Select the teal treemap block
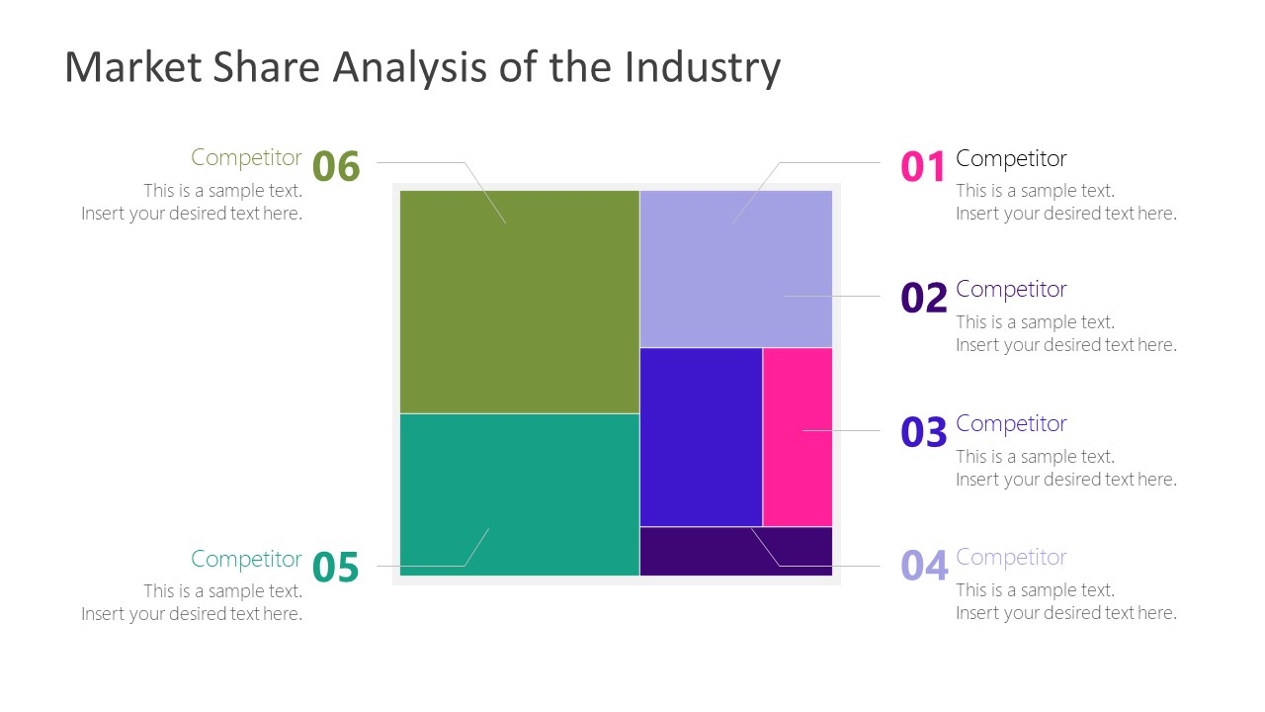point(519,493)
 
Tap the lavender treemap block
point(735,268)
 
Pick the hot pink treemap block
point(797,436)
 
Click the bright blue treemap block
point(701,436)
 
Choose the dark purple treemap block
point(735,551)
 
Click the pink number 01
point(923,167)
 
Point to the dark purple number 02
point(923,298)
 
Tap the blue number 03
point(923,432)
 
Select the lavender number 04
point(923,566)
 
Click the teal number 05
point(336,568)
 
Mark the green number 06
point(336,166)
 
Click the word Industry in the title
point(702,67)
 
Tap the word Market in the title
point(127,67)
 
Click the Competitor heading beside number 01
point(1011,158)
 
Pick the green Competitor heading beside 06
point(246,157)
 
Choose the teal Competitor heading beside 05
point(246,559)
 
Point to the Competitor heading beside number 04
point(1011,557)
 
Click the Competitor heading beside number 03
point(1011,423)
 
